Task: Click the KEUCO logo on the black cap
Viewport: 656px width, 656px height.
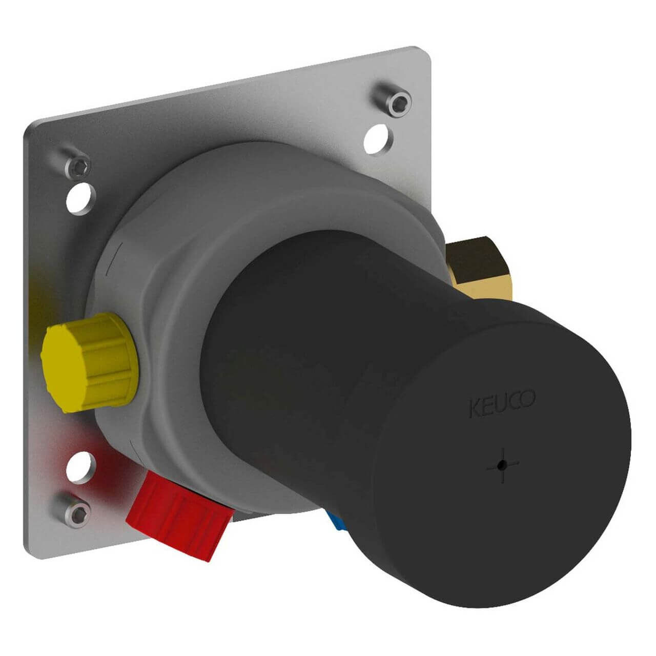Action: [502, 404]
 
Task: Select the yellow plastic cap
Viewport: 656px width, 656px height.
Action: [89, 362]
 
